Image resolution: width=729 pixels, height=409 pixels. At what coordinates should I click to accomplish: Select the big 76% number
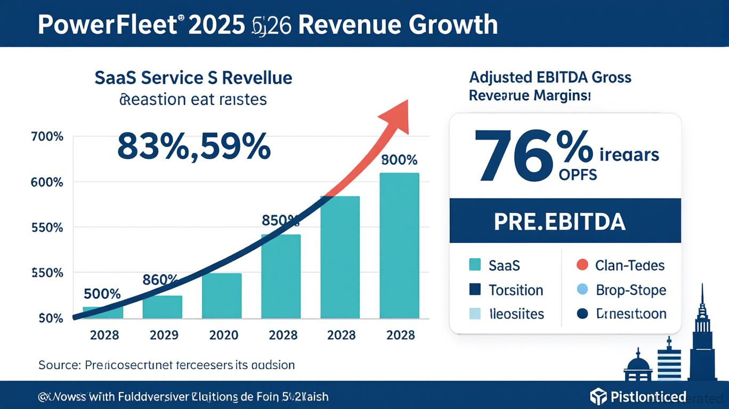pos(533,155)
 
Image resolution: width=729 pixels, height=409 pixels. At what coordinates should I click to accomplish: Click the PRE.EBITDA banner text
pos(559,222)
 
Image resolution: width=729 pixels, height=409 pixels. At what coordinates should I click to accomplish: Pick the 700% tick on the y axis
pos(48,137)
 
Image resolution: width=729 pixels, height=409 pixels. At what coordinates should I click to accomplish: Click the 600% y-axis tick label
pos(48,182)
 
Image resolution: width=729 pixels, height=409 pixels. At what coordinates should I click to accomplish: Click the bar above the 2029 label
pos(163,307)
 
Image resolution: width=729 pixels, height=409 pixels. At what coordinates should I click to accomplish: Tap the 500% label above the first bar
pos(103,294)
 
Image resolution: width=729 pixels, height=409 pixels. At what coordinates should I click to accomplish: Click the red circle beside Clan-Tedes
pos(582,265)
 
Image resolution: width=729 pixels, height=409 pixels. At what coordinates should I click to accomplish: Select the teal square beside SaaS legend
pos(474,265)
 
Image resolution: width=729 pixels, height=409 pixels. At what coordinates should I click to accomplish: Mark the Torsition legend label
pos(516,290)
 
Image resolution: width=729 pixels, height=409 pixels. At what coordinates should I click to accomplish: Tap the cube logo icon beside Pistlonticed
pos(598,396)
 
